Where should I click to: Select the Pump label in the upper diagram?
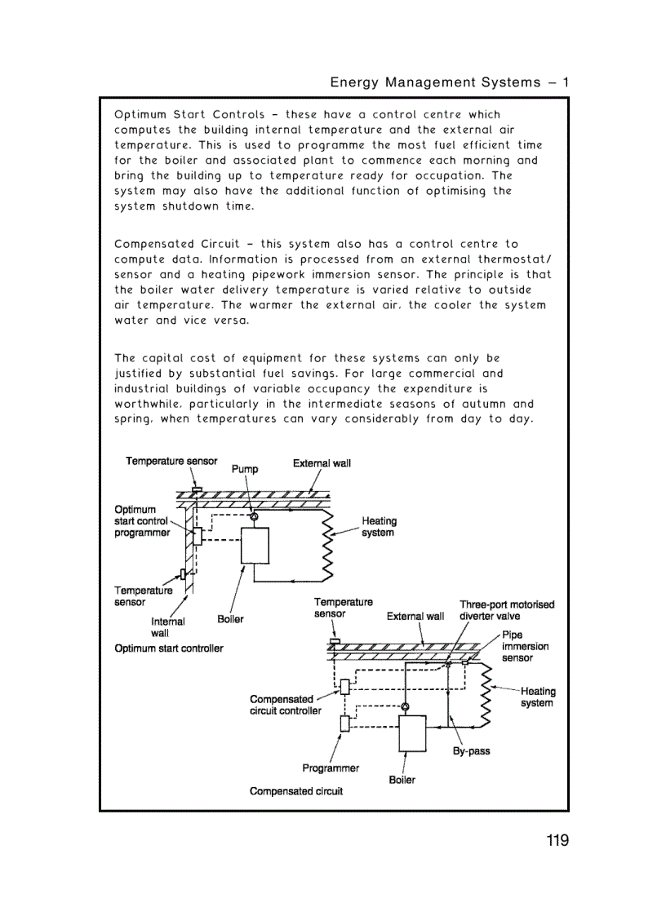click(x=245, y=469)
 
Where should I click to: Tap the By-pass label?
click(x=472, y=751)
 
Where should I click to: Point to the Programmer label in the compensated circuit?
click(x=331, y=768)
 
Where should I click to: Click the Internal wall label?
click(x=167, y=626)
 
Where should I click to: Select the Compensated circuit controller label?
click(x=285, y=705)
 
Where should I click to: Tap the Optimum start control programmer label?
click(x=142, y=521)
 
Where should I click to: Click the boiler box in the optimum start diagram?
click(x=255, y=545)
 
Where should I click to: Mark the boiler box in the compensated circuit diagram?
click(x=412, y=733)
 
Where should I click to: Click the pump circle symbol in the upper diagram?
click(x=253, y=517)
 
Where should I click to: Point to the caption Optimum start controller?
click(x=169, y=648)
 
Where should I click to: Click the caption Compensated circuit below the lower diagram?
click(x=296, y=791)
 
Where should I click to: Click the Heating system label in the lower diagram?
click(x=537, y=697)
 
